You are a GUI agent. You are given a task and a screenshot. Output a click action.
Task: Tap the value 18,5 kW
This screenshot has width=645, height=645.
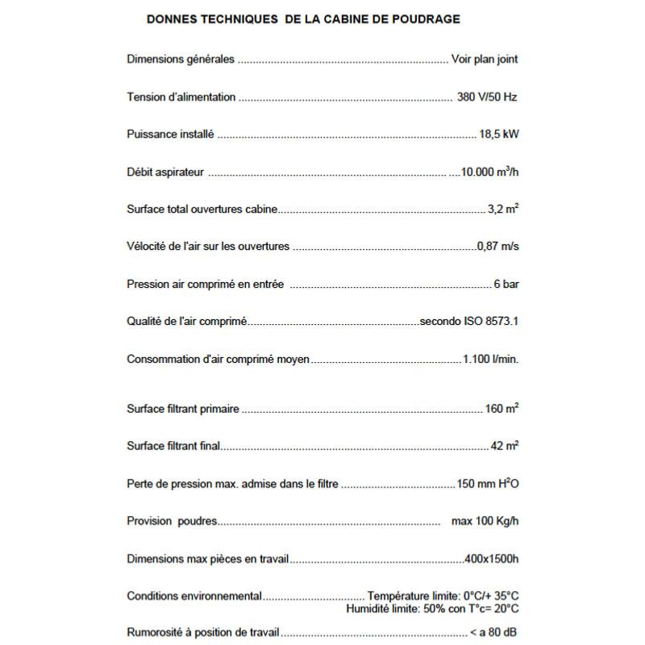pos(498,135)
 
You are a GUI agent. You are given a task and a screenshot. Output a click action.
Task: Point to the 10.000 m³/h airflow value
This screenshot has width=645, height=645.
pos(489,172)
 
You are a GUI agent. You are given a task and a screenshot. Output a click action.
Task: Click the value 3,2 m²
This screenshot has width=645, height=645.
pos(503,209)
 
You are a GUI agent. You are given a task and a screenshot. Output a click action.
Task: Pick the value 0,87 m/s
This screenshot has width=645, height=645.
pos(497,246)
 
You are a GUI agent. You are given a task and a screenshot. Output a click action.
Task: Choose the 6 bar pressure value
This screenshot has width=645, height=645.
pos(506,284)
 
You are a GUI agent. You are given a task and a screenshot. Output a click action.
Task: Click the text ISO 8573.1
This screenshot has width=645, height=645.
pos(490,321)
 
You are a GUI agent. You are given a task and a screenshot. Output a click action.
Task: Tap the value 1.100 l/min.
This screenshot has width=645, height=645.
pos(490,359)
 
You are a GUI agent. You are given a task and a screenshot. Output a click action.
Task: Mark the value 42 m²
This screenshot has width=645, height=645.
pos(505,446)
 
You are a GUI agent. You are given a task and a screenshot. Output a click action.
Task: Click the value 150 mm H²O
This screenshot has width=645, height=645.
pos(488,484)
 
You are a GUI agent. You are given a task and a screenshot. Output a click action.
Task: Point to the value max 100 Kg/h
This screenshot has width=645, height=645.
pos(485,521)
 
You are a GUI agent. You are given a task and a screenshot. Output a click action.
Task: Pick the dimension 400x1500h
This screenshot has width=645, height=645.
pos(492,558)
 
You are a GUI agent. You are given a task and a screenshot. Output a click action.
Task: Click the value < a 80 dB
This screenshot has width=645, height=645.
pos(494,633)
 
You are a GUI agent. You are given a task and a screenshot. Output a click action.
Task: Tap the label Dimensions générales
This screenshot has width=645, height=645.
pos(181,59)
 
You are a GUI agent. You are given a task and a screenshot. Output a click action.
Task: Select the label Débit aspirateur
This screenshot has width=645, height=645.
pos(165,172)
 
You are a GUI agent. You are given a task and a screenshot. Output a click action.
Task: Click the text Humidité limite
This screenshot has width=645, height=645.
pos(381,609)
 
